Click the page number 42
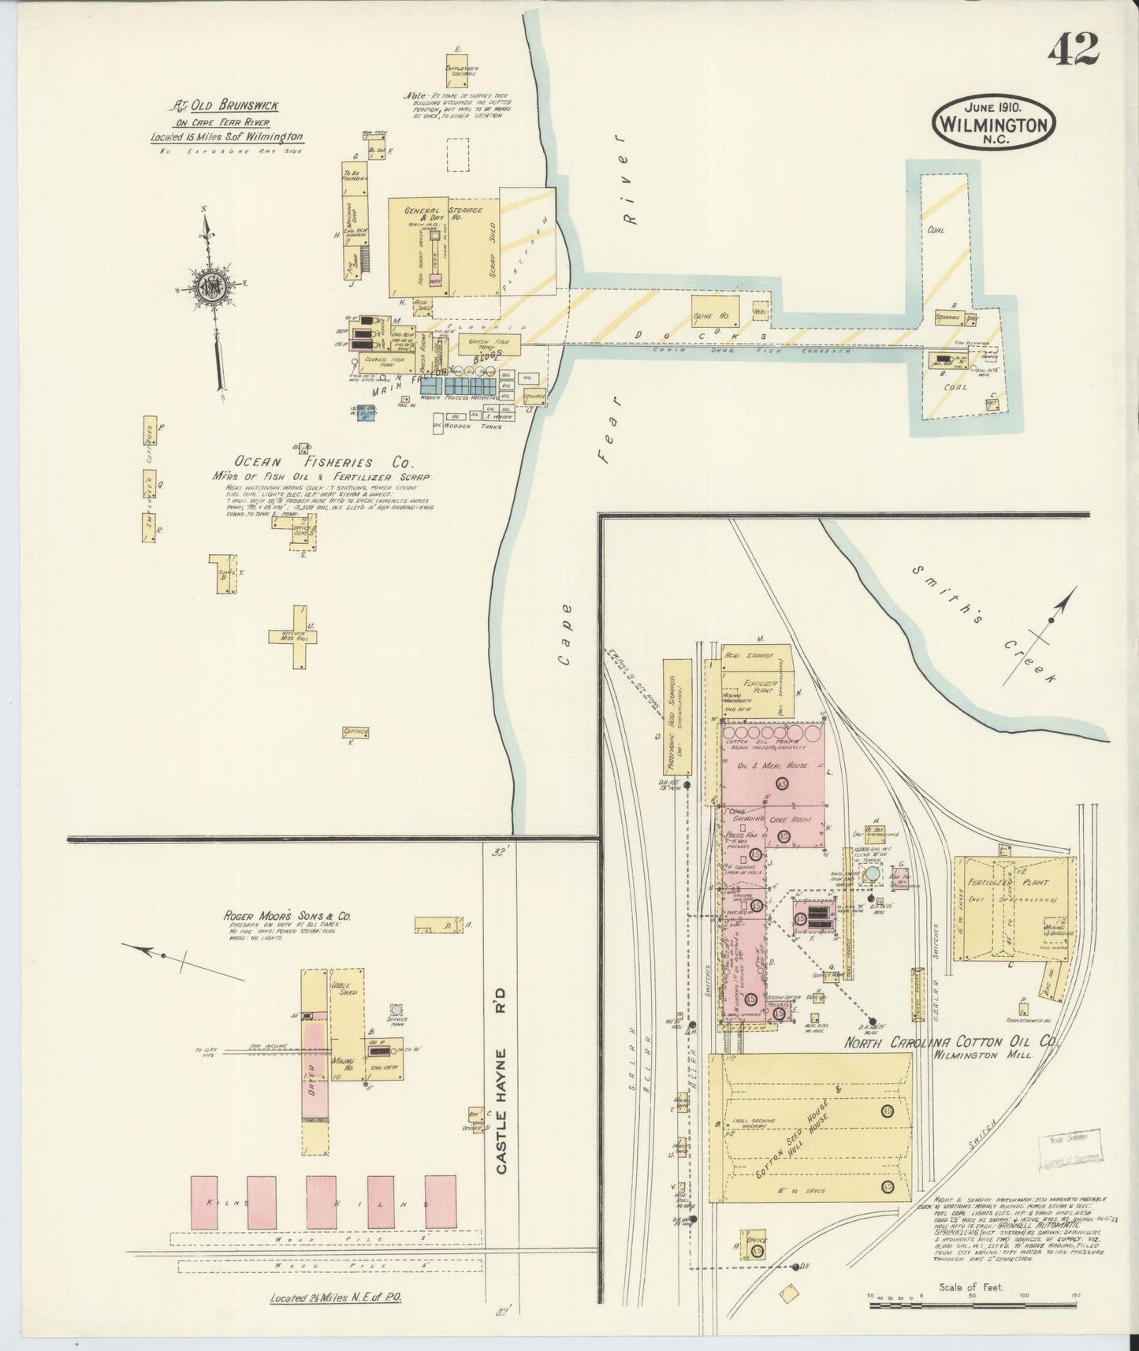1073,50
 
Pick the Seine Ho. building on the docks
716,310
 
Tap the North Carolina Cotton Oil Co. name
949,1042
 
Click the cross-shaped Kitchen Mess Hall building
292,636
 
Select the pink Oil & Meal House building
772,765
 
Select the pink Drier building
315,1069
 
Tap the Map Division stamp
1075,1147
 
